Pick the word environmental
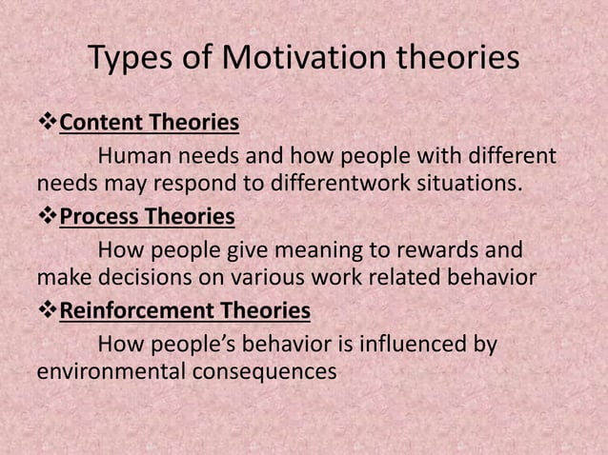coord(102,371)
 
